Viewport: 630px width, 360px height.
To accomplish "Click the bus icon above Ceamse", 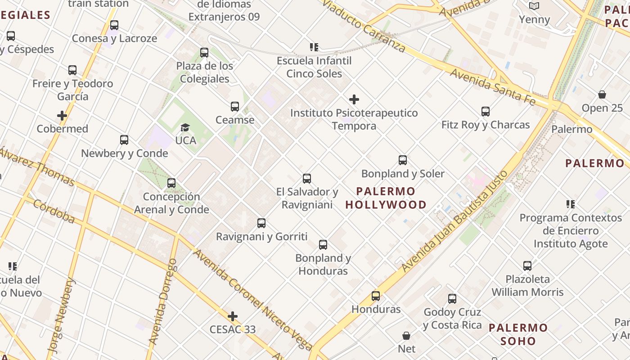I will (x=234, y=107).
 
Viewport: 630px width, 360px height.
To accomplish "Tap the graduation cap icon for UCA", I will (x=185, y=127).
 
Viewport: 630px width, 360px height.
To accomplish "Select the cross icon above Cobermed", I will (x=62, y=116).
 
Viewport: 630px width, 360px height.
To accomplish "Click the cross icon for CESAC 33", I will (x=232, y=316).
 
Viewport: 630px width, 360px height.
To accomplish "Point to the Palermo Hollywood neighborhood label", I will (x=386, y=198).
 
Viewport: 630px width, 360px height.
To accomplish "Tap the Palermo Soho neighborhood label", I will (x=518, y=334).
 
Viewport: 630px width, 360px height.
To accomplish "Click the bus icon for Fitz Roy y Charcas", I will (x=485, y=111).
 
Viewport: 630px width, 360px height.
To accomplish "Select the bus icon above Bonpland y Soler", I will (x=403, y=160).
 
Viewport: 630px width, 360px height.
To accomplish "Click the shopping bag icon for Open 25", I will (x=602, y=94).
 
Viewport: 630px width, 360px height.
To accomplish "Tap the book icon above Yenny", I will (x=534, y=6).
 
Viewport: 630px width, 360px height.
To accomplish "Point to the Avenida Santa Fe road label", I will (x=493, y=87).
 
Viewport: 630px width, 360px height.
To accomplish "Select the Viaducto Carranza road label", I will (x=364, y=26).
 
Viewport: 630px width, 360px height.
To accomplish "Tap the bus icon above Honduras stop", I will (x=375, y=296).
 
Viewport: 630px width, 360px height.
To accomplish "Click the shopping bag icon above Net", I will (x=406, y=336).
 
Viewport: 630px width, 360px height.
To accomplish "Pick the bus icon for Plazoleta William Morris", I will (x=527, y=266).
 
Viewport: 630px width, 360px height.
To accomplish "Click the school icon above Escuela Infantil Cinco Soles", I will (x=314, y=47).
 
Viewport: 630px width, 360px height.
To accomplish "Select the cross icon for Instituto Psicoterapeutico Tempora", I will (x=354, y=99).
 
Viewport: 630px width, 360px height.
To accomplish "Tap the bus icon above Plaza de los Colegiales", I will (x=204, y=53).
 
